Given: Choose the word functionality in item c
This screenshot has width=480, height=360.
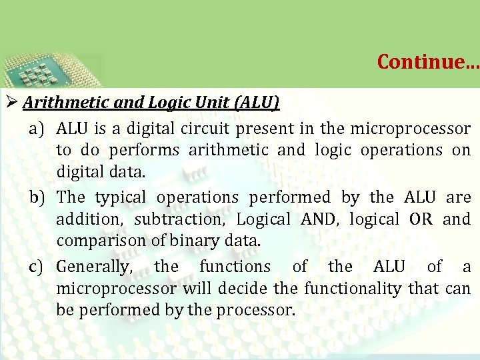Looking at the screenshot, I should [x=353, y=289].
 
